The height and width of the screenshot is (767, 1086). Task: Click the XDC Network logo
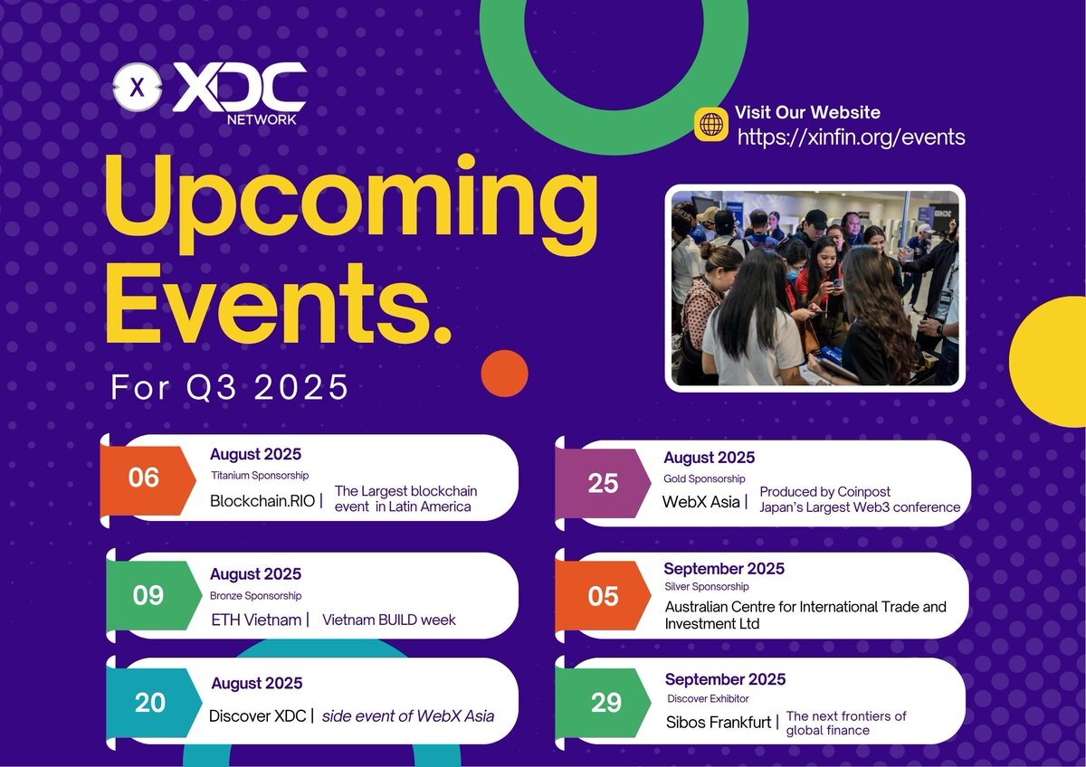click(x=209, y=93)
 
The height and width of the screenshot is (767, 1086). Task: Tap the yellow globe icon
click(x=710, y=125)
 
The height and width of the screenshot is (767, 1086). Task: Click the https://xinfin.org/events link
click(x=851, y=137)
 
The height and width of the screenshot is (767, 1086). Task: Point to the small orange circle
click(x=504, y=374)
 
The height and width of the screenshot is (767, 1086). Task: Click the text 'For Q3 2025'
click(x=229, y=387)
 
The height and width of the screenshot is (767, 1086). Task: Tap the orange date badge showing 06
click(x=148, y=480)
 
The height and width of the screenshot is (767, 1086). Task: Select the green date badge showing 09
click(x=154, y=595)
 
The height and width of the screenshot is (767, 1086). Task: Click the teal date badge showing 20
click(x=154, y=703)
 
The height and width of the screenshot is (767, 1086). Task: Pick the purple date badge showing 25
click(x=603, y=483)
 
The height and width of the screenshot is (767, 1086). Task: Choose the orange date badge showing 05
click(x=603, y=595)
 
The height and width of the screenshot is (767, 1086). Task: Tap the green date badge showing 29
click(x=603, y=703)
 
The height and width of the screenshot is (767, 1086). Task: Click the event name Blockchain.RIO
click(x=262, y=501)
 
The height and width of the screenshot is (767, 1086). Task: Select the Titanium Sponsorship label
click(x=260, y=476)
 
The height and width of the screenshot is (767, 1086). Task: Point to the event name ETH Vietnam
click(x=256, y=620)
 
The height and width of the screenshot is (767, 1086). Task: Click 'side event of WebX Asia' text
click(x=408, y=715)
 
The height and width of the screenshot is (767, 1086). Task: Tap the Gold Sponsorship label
click(x=704, y=478)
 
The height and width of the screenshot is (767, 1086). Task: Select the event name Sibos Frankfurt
click(x=718, y=723)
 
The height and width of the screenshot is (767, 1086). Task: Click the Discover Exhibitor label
click(x=708, y=698)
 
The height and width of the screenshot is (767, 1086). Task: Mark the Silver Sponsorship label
click(x=707, y=587)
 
